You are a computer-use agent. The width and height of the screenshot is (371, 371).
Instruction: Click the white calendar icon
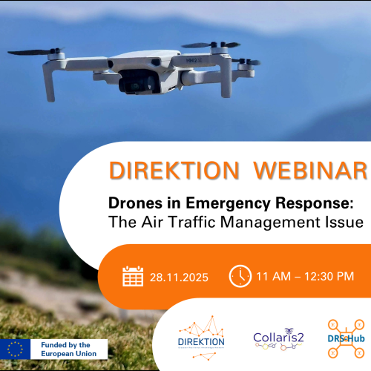point(133,277)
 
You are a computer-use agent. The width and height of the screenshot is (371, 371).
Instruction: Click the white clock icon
point(240,276)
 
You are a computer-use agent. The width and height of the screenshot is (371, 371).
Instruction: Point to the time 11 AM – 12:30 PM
point(305,277)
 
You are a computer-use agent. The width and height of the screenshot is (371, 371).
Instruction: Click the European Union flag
point(14,348)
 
